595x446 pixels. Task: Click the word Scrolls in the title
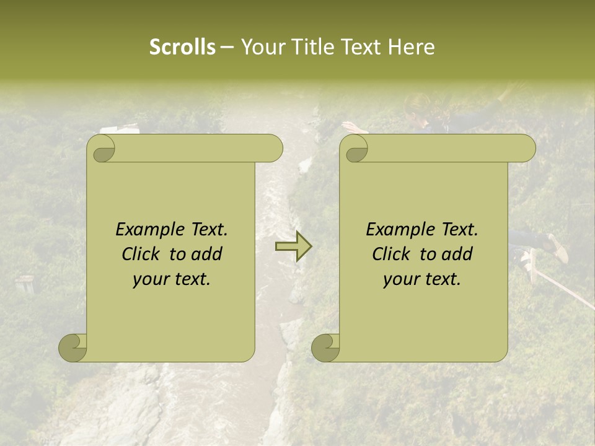182,47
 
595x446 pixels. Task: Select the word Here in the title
412,47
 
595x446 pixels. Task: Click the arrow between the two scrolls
293,247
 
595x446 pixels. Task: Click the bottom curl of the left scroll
73,349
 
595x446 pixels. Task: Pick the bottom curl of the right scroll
326,349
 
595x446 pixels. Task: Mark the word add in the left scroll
206,255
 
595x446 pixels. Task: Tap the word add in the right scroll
457,255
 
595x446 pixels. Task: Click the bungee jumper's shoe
558,248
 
